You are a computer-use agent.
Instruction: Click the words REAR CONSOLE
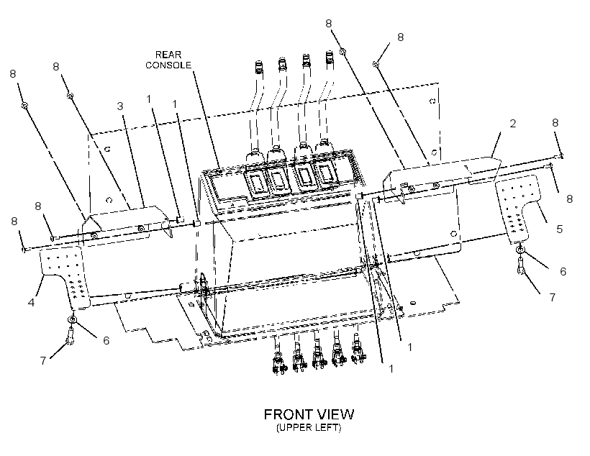click(168, 60)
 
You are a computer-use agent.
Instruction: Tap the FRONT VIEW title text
click(309, 414)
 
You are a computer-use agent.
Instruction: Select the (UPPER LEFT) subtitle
click(309, 427)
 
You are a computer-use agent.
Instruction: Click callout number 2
click(512, 124)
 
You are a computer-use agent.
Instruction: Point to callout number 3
click(120, 106)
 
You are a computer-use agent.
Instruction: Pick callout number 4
click(31, 302)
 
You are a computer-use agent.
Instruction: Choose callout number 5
click(559, 229)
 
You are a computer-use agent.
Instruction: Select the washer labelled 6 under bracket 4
click(72, 320)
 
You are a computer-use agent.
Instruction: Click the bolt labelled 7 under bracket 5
click(521, 265)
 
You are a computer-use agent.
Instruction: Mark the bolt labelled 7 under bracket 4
click(71, 335)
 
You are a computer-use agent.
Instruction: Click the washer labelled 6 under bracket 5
click(520, 249)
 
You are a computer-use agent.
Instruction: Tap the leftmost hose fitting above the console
click(258, 68)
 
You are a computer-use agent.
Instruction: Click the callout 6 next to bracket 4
click(106, 340)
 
